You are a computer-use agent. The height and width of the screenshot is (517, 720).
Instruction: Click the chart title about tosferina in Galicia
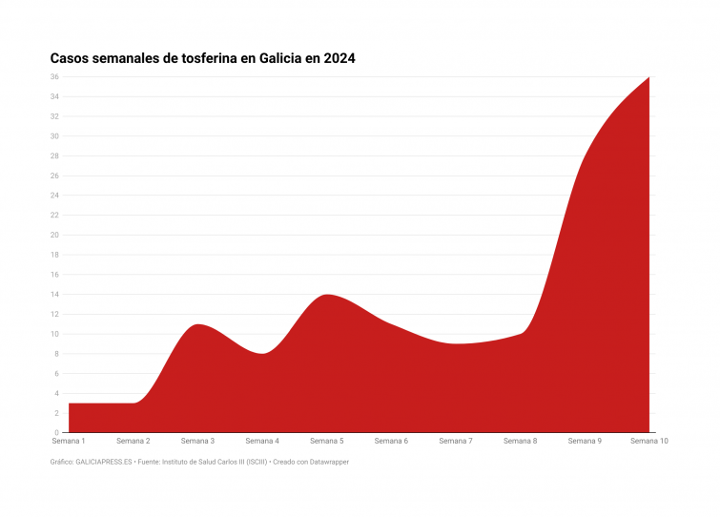(x=202, y=59)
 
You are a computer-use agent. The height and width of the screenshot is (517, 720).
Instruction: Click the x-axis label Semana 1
(x=69, y=442)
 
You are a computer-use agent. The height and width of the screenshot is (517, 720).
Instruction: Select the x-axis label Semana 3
(x=197, y=442)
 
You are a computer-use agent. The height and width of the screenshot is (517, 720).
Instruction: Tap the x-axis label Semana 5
(x=327, y=442)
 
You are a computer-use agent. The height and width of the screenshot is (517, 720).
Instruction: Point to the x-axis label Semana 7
(x=456, y=442)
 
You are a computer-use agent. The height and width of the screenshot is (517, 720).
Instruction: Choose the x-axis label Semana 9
(x=585, y=442)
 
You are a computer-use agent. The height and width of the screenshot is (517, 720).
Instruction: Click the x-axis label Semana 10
(x=649, y=442)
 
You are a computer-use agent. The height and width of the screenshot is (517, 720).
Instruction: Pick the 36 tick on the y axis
(x=55, y=77)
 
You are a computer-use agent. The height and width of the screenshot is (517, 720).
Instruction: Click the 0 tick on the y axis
(x=57, y=432)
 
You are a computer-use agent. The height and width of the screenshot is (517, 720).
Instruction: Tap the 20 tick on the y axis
(x=55, y=235)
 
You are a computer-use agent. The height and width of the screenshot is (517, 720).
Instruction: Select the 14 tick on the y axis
(x=55, y=295)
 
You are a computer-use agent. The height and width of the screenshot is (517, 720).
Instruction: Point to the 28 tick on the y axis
(x=55, y=156)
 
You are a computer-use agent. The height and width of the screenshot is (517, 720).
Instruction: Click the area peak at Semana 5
(x=327, y=295)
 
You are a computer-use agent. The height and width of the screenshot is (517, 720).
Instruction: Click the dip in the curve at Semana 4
(x=262, y=353)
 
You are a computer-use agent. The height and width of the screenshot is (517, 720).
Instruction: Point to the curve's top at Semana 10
(x=648, y=78)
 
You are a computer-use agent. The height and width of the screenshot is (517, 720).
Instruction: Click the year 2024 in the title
(x=339, y=59)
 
